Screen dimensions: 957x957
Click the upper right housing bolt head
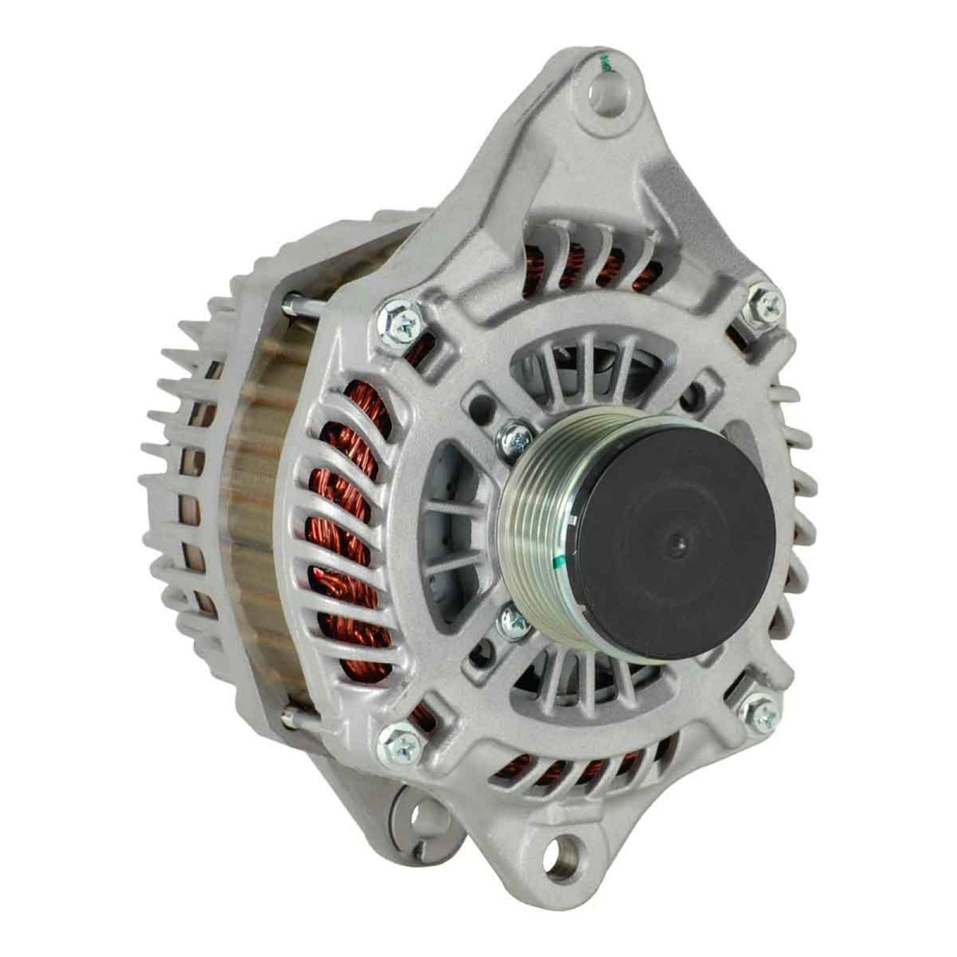point(766,305)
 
